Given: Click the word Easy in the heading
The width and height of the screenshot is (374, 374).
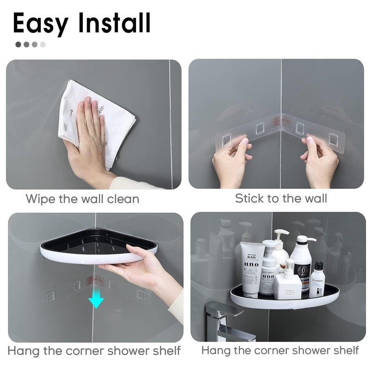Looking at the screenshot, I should pos(40,23).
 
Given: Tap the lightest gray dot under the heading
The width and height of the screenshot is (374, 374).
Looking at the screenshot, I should pos(43,45).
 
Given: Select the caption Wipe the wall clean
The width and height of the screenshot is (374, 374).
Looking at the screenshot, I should pos(82,199).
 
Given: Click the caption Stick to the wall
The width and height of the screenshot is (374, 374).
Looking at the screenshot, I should pos(281,198).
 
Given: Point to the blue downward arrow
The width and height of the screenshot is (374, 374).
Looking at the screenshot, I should pos(96,300).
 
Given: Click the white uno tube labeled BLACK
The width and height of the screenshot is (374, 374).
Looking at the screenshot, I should pos(251,269).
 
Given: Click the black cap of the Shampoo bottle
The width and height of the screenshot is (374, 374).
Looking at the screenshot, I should pos(318,266).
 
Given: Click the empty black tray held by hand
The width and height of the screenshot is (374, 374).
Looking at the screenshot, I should pos(93,243).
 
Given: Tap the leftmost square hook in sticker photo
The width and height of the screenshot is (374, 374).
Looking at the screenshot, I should pos(227,138).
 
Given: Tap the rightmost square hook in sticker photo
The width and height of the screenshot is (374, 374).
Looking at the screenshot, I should pos(333,138).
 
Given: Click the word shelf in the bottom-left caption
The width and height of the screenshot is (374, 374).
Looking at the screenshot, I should pos(165,351).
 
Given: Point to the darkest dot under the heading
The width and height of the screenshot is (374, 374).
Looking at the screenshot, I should pos(18,45).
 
